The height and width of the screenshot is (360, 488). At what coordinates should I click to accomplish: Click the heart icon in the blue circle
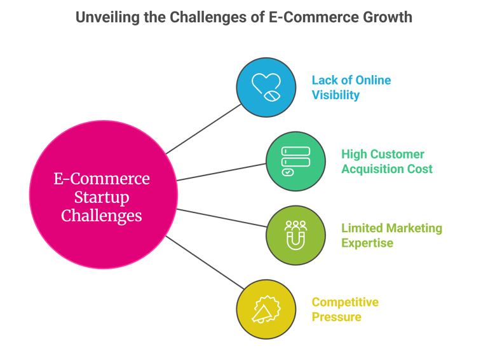pyautogui.click(x=266, y=87)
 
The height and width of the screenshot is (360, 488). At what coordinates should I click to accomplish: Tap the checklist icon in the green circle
pyautogui.click(x=295, y=161)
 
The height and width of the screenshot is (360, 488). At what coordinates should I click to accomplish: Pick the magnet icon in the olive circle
pyautogui.click(x=295, y=235)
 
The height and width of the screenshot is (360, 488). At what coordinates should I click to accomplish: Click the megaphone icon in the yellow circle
pyautogui.click(x=266, y=309)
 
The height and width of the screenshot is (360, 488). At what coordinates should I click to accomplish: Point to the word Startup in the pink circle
pyautogui.click(x=102, y=197)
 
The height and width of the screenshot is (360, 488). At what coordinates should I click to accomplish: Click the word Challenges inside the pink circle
pyautogui.click(x=102, y=216)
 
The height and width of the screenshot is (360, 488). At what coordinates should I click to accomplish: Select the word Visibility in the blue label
pyautogui.click(x=335, y=95)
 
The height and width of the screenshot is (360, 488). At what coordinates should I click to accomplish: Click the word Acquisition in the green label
pyautogui.click(x=370, y=169)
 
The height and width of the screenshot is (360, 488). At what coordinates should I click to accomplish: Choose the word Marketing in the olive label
pyautogui.click(x=413, y=228)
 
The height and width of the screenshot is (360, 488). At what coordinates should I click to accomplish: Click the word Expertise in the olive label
pyautogui.click(x=367, y=243)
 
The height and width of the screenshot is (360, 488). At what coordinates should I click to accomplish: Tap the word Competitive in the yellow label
pyautogui.click(x=345, y=301)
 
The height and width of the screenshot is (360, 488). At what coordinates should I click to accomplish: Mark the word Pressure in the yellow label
pyautogui.click(x=336, y=317)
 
